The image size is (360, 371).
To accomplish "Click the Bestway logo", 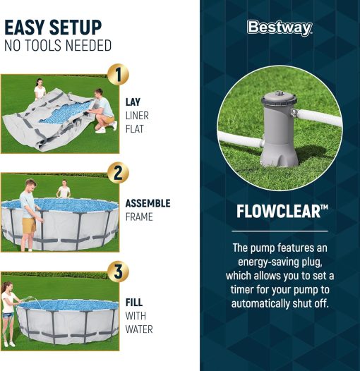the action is [x=280, y=28].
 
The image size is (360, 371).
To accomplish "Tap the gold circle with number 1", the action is [x=118, y=74].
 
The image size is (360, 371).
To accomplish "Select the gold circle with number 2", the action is [x=118, y=173].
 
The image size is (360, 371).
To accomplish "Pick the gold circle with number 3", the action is [x=118, y=271].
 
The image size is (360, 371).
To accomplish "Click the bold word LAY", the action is [x=133, y=102].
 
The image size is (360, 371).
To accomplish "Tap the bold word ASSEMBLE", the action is [x=148, y=203].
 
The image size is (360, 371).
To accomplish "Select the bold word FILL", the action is [x=134, y=303].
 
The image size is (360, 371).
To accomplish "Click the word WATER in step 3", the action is [x=139, y=329].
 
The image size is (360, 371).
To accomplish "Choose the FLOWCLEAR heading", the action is [x=282, y=211].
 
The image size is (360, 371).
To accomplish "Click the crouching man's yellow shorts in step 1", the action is [x=109, y=119].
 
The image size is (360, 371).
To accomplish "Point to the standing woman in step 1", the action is [x=40, y=90].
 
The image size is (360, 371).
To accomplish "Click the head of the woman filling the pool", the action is [x=6, y=286].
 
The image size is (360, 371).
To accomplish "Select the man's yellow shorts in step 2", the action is [x=29, y=226].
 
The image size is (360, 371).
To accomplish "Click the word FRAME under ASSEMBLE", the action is [x=139, y=217].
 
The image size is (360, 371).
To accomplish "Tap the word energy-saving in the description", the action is [x=263, y=262].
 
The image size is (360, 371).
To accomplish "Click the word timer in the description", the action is [x=242, y=289].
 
